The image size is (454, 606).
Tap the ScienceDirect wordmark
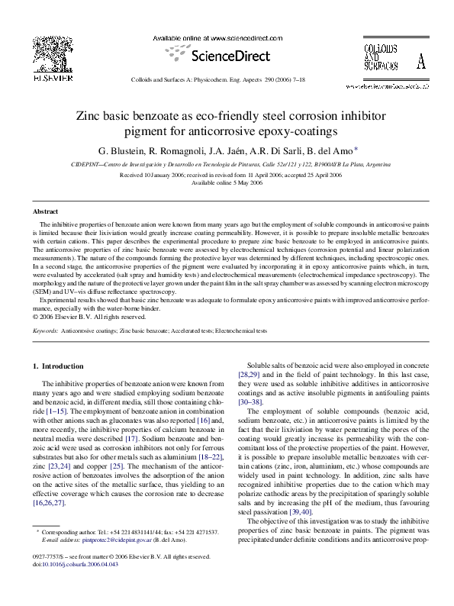pos(226,55)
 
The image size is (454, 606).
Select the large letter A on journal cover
pos(420,63)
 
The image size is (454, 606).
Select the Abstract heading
pos(45,211)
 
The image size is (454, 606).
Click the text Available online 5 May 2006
pos(227,182)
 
